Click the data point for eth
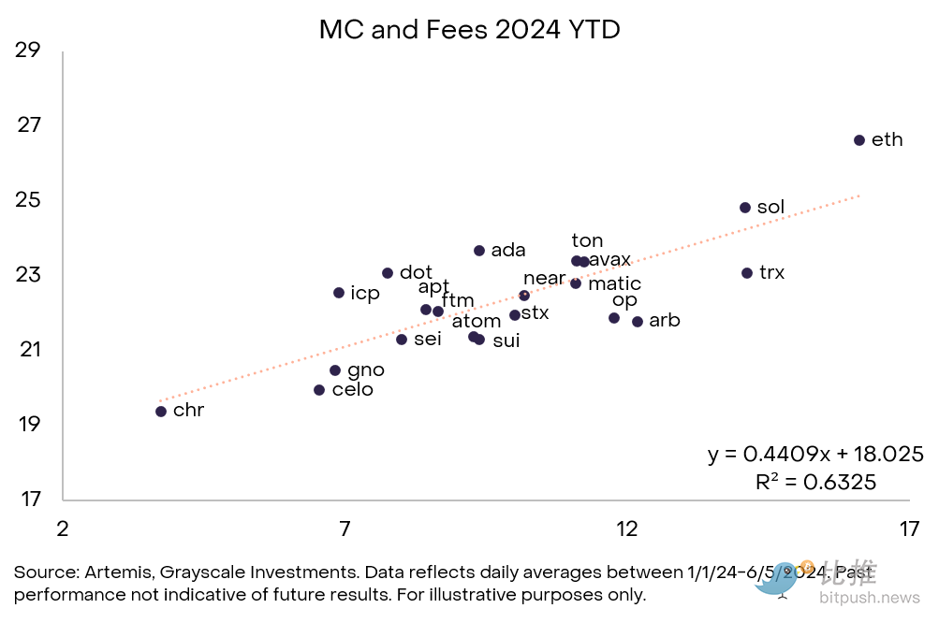coord(859,140)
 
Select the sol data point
coord(745,208)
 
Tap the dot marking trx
coord(747,273)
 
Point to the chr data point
coord(161,412)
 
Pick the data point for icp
coord(339,293)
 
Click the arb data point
coord(638,322)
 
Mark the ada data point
coord(479,251)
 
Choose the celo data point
coord(319,390)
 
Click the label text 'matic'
coord(614,283)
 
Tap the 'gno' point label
coord(365,370)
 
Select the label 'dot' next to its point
coord(416,273)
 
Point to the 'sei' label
coord(427,340)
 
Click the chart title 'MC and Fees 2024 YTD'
coord(469,30)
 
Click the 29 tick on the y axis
coord(28,50)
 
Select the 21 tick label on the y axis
coord(28,350)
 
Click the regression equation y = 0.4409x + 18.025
coord(815,455)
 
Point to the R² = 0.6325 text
coord(815,483)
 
